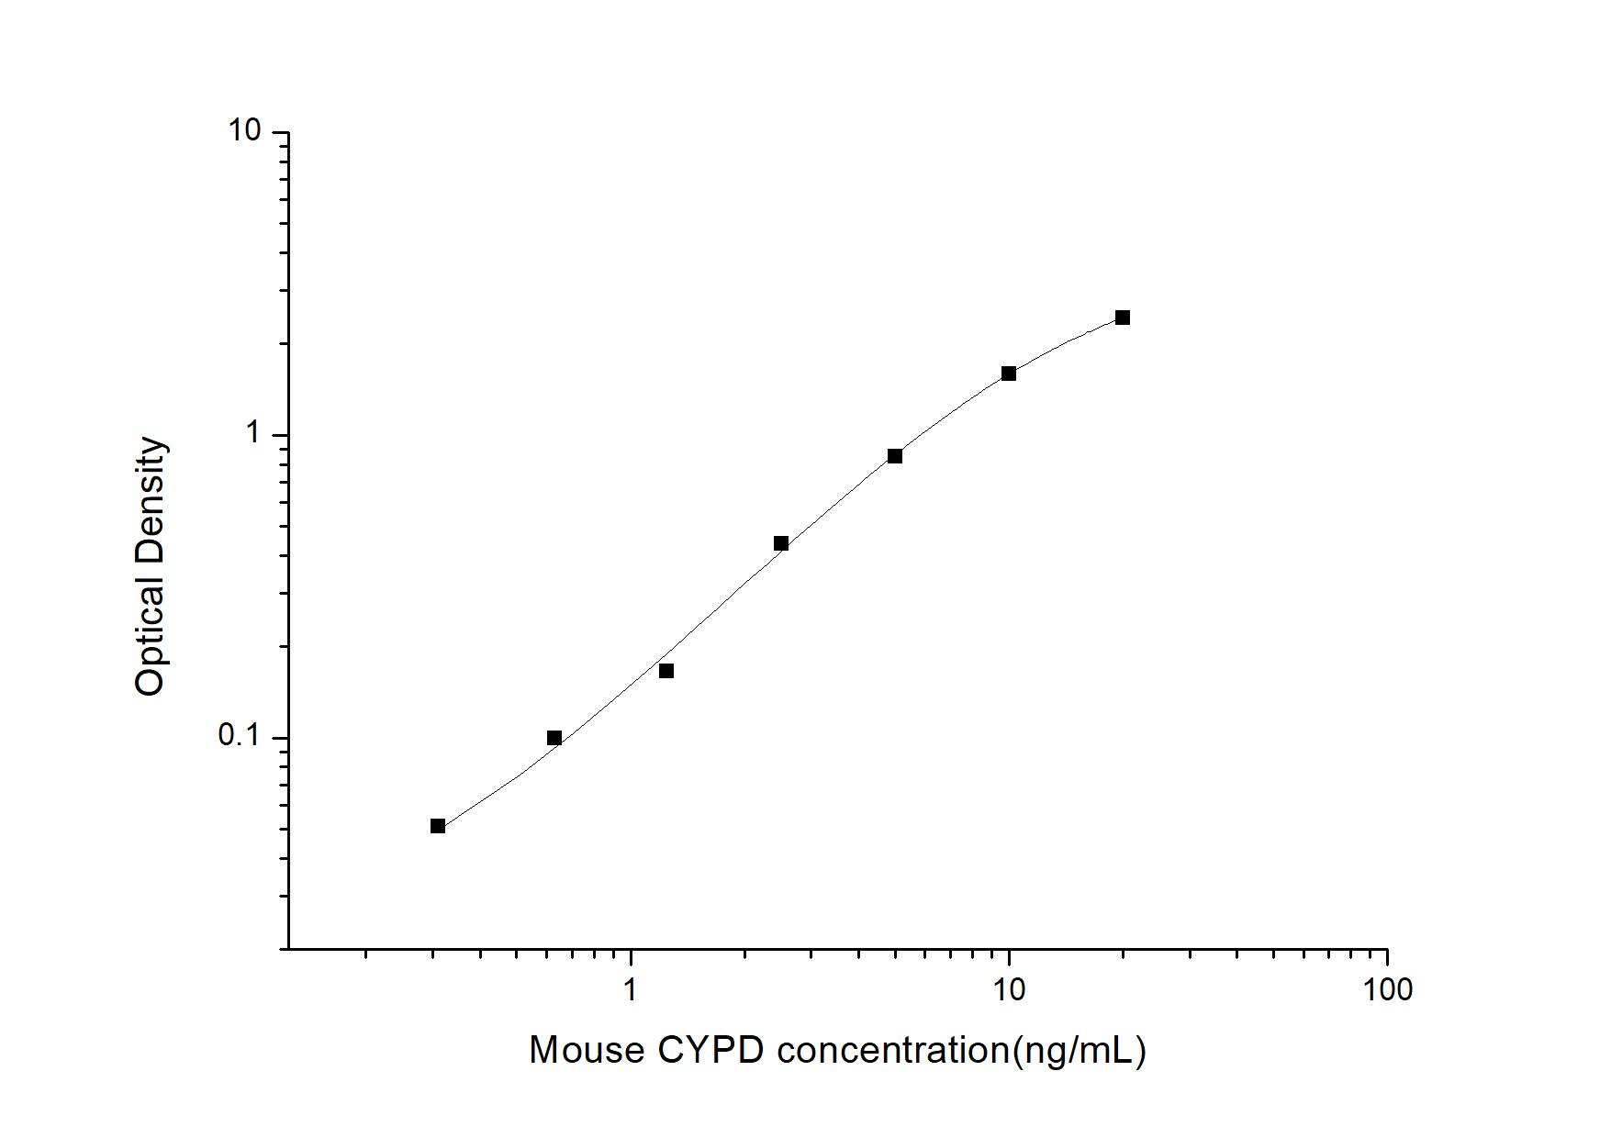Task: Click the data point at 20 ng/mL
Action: pyautogui.click(x=1122, y=318)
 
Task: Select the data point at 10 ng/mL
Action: pyautogui.click(x=1008, y=374)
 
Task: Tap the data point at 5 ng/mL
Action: pyautogui.click(x=895, y=456)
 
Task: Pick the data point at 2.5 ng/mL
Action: pyautogui.click(x=781, y=543)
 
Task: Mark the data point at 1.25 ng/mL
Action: pyautogui.click(x=666, y=671)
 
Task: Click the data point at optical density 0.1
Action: pyautogui.click(x=554, y=738)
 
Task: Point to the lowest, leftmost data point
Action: pyautogui.click(x=438, y=826)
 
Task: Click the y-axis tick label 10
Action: pyautogui.click(x=245, y=131)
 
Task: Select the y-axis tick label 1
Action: pyautogui.click(x=253, y=434)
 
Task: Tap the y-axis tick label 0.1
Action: pyautogui.click(x=240, y=737)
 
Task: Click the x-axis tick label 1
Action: pyautogui.click(x=630, y=989)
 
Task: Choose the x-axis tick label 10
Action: pyautogui.click(x=1009, y=989)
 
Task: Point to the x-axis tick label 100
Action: pyautogui.click(x=1386, y=989)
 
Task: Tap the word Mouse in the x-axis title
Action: pyautogui.click(x=587, y=1050)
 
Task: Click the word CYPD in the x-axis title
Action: pyautogui.click(x=710, y=1050)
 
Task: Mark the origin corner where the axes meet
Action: pyautogui.click(x=288, y=948)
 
